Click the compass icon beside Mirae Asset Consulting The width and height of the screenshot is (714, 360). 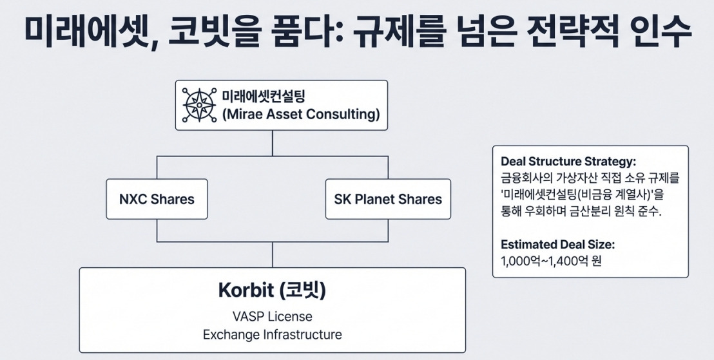pyautogui.click(x=198, y=105)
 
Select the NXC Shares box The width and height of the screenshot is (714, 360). pyautogui.click(x=157, y=199)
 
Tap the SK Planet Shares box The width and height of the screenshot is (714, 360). pyautogui.click(x=388, y=199)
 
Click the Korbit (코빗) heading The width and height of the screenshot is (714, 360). pyautogui.click(x=272, y=291)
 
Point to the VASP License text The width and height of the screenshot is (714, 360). pyautogui.click(x=272, y=316)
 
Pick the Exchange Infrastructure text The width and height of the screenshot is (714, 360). pyautogui.click(x=272, y=335)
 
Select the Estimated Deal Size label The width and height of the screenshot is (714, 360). pyautogui.click(x=557, y=245)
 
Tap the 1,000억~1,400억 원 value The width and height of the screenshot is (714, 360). pyautogui.click(x=550, y=261)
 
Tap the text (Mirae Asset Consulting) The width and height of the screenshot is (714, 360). pyautogui.click(x=300, y=116)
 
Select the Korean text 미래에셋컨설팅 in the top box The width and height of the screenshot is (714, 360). pyautogui.click(x=264, y=97)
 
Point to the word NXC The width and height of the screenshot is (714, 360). pyautogui.click(x=133, y=199)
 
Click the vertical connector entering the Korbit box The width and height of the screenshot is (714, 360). pyautogui.click(x=273, y=255)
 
